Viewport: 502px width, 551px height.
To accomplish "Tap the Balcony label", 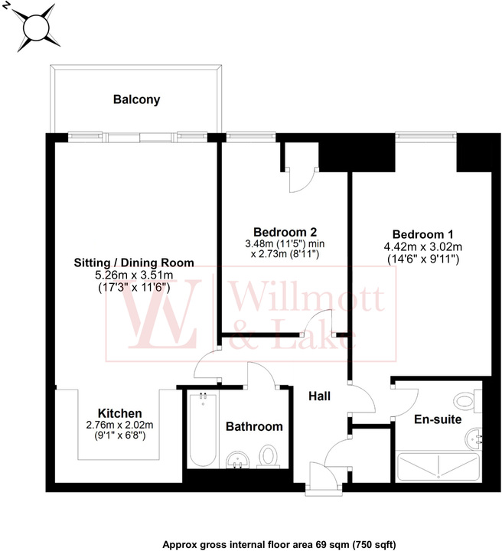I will coord(136,99).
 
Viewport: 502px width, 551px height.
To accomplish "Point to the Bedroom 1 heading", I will coord(423,234).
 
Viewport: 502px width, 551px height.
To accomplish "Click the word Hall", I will coord(319,396).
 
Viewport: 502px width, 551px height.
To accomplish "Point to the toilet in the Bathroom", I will coord(268,455).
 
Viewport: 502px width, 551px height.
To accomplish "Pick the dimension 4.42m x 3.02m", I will coord(423,246).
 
